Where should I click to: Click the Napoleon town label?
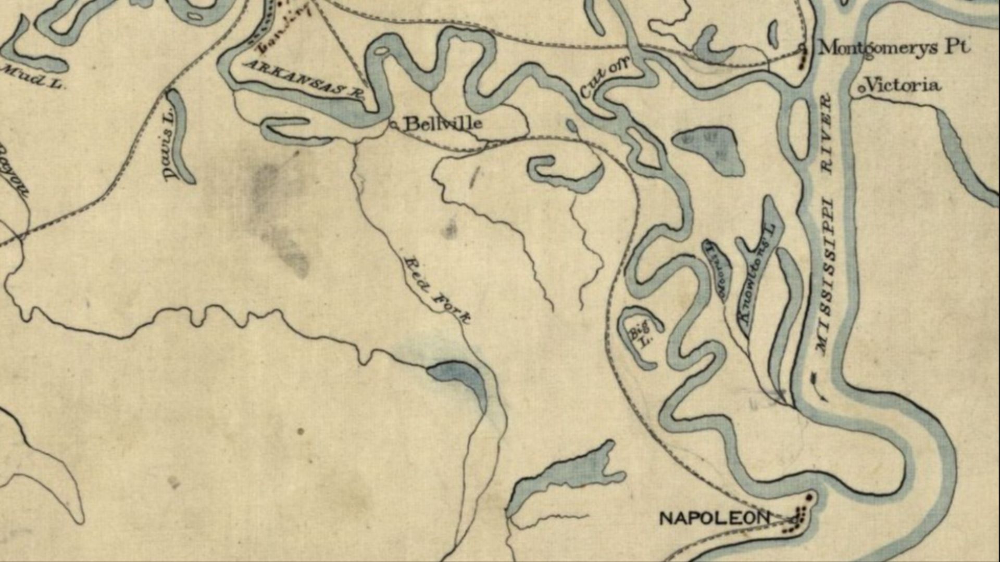click(714, 518)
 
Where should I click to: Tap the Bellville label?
click(443, 124)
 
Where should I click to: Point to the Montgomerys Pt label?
click(894, 48)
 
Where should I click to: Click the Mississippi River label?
click(825, 224)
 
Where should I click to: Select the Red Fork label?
click(438, 289)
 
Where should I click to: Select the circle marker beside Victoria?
click(861, 89)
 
